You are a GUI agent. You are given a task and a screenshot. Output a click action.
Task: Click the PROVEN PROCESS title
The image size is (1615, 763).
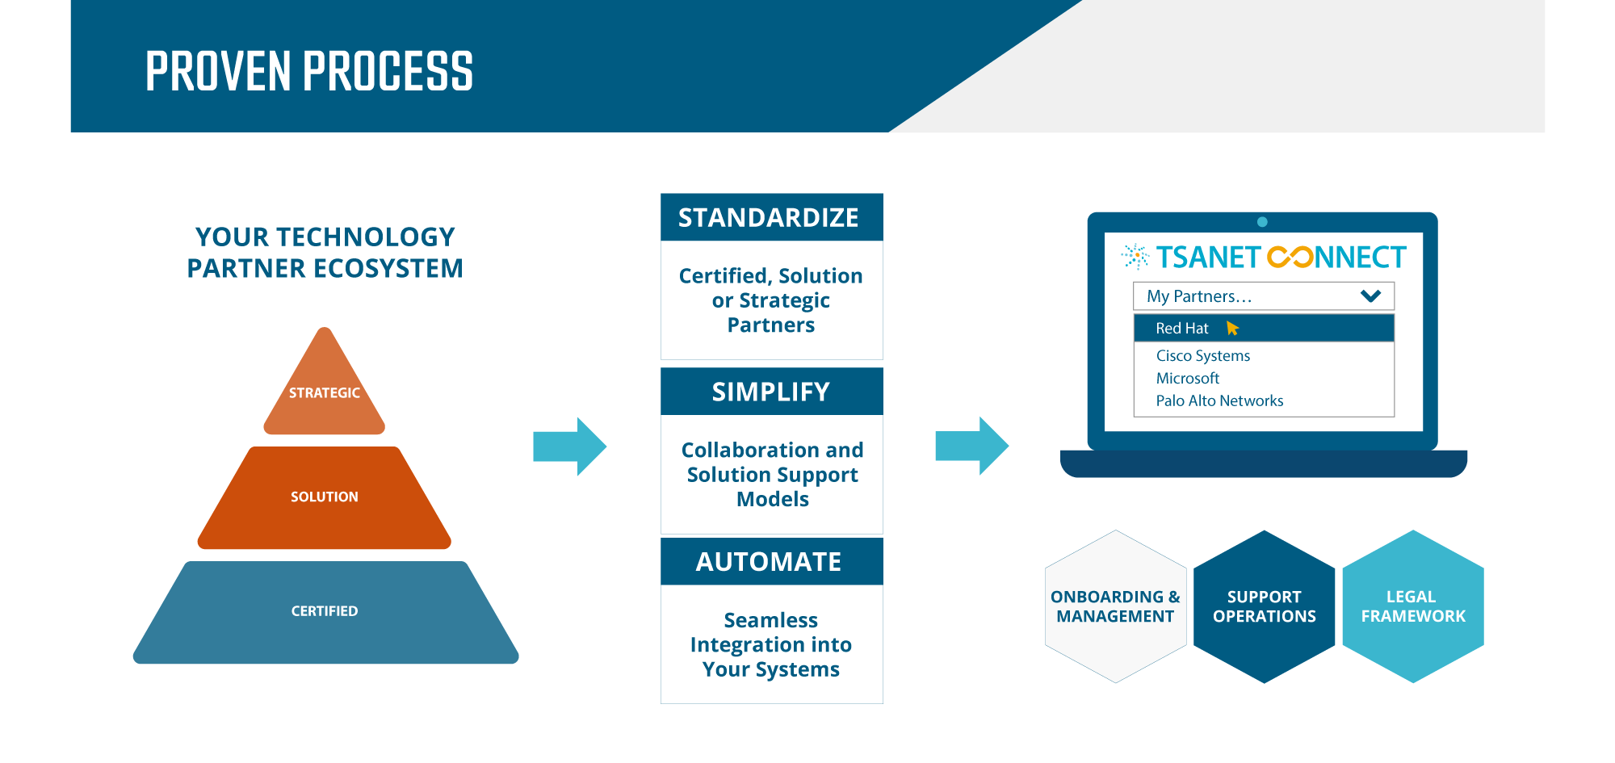click(309, 70)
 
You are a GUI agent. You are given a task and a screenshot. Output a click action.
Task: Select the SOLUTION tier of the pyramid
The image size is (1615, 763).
click(325, 497)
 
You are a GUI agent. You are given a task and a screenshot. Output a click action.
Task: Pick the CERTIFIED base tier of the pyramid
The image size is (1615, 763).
click(325, 612)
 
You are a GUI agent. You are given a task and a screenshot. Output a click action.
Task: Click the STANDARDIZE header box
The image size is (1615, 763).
click(771, 217)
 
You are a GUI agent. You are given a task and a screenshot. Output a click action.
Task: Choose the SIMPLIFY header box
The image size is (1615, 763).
click(771, 392)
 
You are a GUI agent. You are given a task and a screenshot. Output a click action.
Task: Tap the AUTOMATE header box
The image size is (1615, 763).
click(771, 561)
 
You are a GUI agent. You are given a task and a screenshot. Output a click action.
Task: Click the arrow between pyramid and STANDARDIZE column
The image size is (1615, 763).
click(570, 446)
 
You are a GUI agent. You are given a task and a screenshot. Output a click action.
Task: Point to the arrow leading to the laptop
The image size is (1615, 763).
click(972, 446)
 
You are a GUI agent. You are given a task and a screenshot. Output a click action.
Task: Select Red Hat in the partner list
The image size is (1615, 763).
click(1182, 329)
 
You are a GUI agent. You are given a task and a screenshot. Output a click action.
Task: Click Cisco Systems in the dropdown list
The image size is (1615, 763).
click(1203, 356)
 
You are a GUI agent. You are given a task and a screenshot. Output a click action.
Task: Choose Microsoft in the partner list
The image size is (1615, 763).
click(1188, 379)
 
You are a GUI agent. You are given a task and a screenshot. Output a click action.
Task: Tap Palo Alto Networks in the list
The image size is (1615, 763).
click(1219, 401)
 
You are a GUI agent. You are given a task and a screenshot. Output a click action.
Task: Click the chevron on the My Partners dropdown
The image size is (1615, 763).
click(1370, 296)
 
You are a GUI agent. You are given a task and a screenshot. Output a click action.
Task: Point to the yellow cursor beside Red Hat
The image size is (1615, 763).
click(1232, 328)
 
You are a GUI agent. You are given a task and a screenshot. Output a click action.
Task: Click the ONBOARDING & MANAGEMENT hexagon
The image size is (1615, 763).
click(1115, 606)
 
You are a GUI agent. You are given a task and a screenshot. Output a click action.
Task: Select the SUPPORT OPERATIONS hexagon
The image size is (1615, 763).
click(1265, 606)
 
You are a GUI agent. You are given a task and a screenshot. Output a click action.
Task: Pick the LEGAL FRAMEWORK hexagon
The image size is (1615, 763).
click(1413, 606)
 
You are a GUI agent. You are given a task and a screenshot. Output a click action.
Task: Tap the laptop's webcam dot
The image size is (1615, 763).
click(1262, 222)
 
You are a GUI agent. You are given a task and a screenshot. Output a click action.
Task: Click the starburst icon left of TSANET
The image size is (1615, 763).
click(1135, 256)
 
